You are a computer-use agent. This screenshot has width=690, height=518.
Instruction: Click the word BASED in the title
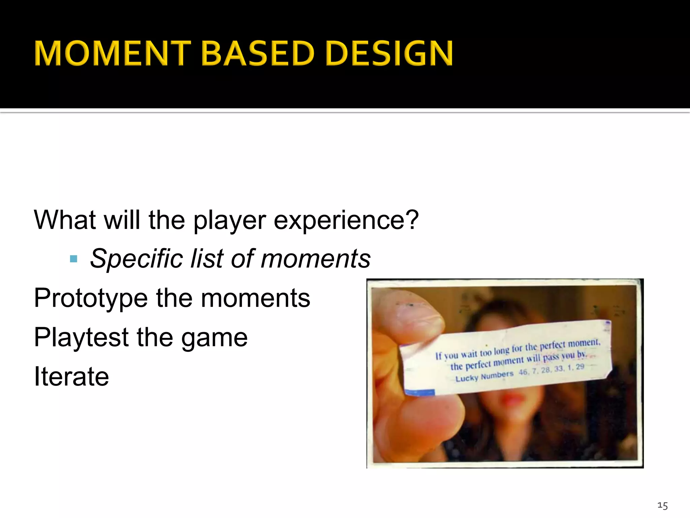(258, 53)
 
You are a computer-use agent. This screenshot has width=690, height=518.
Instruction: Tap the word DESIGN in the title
(389, 53)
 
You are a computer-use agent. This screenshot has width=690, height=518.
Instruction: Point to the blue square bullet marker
(73, 259)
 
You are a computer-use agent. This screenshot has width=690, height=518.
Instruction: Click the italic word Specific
(136, 259)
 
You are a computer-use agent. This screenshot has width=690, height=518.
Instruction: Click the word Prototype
(91, 298)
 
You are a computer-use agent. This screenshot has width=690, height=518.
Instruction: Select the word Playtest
(81, 337)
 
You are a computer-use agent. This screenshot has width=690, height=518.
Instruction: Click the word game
(214, 339)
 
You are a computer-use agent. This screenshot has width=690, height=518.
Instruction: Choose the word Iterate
(71, 377)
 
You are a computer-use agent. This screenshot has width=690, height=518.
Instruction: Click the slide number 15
(662, 506)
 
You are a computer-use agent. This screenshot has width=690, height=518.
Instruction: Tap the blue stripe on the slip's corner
(419, 392)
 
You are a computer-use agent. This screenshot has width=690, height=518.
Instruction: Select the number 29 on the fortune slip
(580, 367)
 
